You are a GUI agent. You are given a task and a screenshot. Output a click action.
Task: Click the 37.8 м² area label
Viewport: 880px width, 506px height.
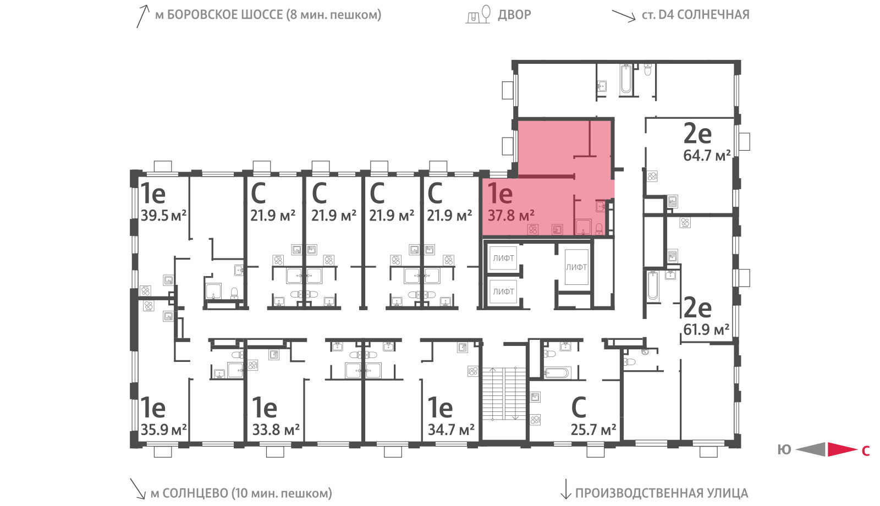pyautogui.click(x=511, y=216)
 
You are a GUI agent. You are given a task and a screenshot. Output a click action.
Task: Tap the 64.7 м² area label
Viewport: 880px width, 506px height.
pyautogui.click(x=707, y=156)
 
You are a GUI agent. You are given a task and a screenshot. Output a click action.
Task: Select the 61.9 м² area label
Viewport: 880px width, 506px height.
pyautogui.click(x=706, y=329)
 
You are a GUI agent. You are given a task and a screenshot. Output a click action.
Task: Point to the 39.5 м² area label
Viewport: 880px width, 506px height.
pyautogui.click(x=163, y=216)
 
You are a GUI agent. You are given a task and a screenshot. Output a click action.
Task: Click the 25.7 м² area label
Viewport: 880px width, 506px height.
pyautogui.click(x=593, y=430)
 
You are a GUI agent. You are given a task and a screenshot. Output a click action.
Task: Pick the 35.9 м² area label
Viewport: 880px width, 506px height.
pyautogui.click(x=163, y=430)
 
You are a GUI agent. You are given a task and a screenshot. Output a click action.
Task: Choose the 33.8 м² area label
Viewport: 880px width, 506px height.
pyautogui.click(x=276, y=430)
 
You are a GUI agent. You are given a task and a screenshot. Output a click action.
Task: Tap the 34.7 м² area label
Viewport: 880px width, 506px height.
pyautogui.click(x=451, y=430)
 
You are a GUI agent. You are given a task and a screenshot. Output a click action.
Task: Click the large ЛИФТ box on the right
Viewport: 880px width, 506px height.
pyautogui.click(x=576, y=267)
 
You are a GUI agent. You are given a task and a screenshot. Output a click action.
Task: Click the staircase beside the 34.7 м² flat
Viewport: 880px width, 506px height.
pyautogui.click(x=504, y=394)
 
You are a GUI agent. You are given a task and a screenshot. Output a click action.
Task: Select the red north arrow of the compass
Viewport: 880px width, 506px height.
pyautogui.click(x=842, y=449)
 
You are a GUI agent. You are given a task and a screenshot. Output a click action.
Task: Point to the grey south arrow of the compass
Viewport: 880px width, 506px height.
pyautogui.click(x=811, y=449)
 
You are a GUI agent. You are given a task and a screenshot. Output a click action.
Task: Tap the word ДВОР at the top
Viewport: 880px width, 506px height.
pyautogui.click(x=514, y=15)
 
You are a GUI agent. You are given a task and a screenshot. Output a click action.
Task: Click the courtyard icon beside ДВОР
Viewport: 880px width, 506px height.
pyautogui.click(x=478, y=14)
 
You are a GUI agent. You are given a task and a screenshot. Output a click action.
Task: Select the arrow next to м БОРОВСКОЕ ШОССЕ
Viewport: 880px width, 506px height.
pyautogui.click(x=143, y=16)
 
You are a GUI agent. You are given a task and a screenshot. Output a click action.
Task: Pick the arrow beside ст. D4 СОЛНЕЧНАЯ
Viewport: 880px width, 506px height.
pyautogui.click(x=624, y=16)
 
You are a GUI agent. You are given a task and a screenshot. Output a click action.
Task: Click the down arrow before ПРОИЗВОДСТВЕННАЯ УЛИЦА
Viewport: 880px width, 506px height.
pyautogui.click(x=565, y=489)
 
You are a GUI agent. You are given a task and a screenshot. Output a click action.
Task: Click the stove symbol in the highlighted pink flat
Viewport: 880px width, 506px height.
pyautogui.click(x=533, y=229)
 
